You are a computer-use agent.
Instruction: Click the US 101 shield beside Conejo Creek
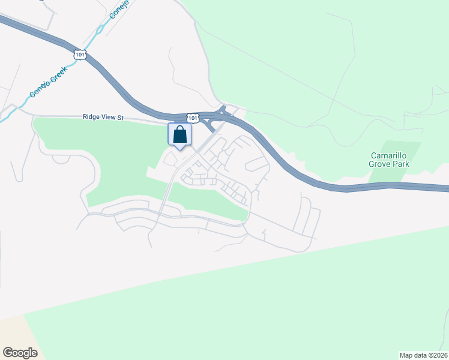point(80,55)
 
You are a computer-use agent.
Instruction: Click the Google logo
point(20,352)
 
